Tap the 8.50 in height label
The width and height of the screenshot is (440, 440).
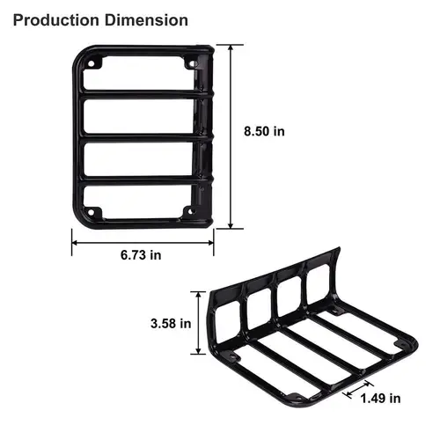[x=265, y=132]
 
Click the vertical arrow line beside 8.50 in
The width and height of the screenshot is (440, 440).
[x=231, y=136]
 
